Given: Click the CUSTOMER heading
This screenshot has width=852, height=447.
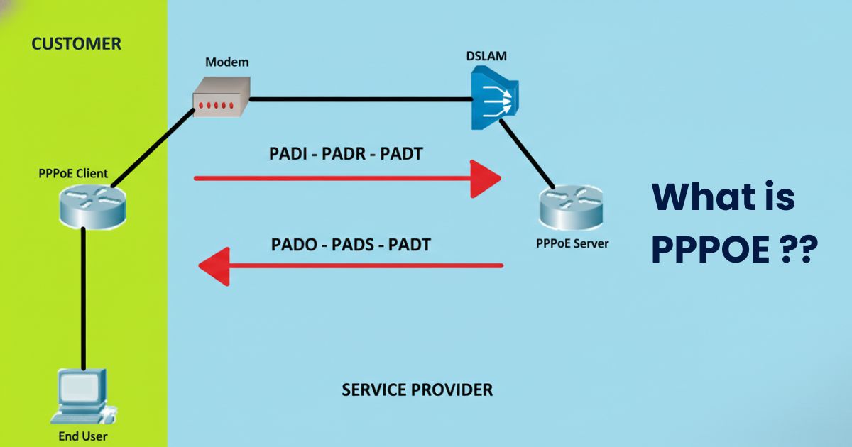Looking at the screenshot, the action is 76,44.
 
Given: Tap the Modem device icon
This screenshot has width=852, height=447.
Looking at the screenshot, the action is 222,96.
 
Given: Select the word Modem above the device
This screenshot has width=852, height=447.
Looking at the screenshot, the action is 227,62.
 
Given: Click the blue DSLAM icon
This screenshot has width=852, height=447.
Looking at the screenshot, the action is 494,98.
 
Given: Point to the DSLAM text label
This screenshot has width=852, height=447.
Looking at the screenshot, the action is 486,56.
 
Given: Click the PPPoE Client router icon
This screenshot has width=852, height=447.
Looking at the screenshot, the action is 92,206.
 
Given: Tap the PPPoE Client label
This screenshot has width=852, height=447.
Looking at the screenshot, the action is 73,173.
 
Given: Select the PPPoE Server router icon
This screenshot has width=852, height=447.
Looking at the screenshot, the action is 572,207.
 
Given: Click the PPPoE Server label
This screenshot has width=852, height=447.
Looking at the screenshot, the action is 572,243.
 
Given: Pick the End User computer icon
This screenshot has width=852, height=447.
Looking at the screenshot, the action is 83,397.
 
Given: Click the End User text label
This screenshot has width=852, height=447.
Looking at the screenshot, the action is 83,436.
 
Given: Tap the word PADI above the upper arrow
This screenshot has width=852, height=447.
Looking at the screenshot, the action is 288,154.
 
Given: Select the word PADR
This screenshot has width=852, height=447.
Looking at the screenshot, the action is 344,154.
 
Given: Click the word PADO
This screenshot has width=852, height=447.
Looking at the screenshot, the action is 294,244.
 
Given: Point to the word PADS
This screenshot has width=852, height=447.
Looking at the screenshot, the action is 353,244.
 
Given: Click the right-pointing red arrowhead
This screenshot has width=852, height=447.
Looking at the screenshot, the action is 486,179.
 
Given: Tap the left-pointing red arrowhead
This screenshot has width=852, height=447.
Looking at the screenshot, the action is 214,266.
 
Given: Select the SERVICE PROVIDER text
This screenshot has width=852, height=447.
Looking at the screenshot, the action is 417,390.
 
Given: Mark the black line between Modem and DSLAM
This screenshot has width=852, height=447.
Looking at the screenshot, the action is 361,99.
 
